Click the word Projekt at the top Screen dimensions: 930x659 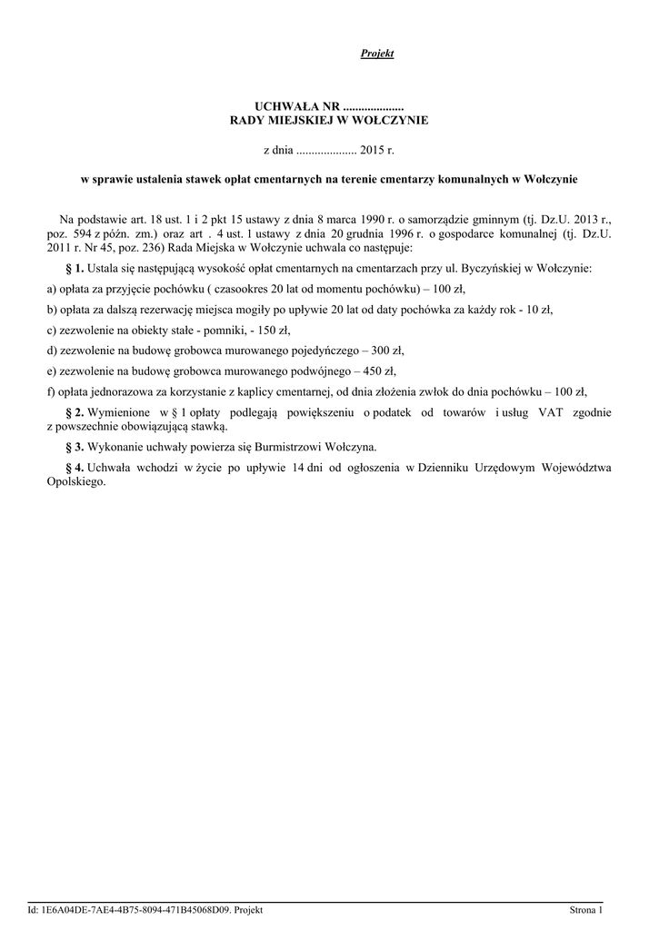click(x=377, y=54)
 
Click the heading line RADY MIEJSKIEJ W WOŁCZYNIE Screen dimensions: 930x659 click(x=328, y=120)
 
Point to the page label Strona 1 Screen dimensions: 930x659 click(x=586, y=909)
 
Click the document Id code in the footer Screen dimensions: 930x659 click(x=136, y=909)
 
